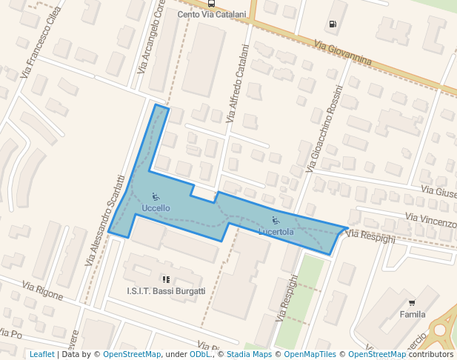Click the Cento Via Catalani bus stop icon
click(212, 3)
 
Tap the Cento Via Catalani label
click(212, 14)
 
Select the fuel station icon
click(332, 24)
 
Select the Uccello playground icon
click(156, 196)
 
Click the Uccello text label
click(156, 208)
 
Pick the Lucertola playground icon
click(276, 220)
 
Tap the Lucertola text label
click(276, 232)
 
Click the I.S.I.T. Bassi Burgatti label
click(166, 291)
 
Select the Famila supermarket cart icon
click(412, 302)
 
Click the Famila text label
click(413, 314)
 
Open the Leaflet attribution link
click(41, 354)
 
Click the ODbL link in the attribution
click(200, 354)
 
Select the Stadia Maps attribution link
click(249, 354)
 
